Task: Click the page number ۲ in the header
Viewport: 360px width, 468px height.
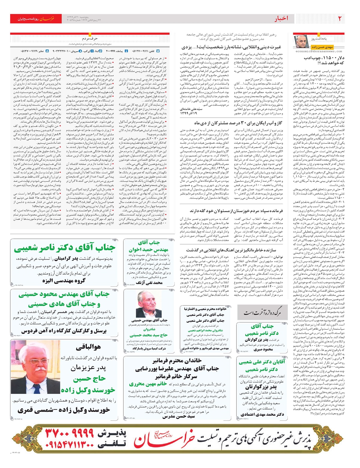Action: pos(340,19)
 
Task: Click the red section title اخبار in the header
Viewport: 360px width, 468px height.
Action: pos(281,19)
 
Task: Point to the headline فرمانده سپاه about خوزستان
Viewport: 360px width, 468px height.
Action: pos(237,211)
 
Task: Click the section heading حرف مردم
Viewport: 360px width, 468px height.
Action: pos(90,39)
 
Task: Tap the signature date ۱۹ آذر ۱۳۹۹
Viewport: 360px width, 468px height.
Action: pos(188,113)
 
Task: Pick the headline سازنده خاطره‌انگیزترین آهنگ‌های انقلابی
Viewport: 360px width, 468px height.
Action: pos(231,250)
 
